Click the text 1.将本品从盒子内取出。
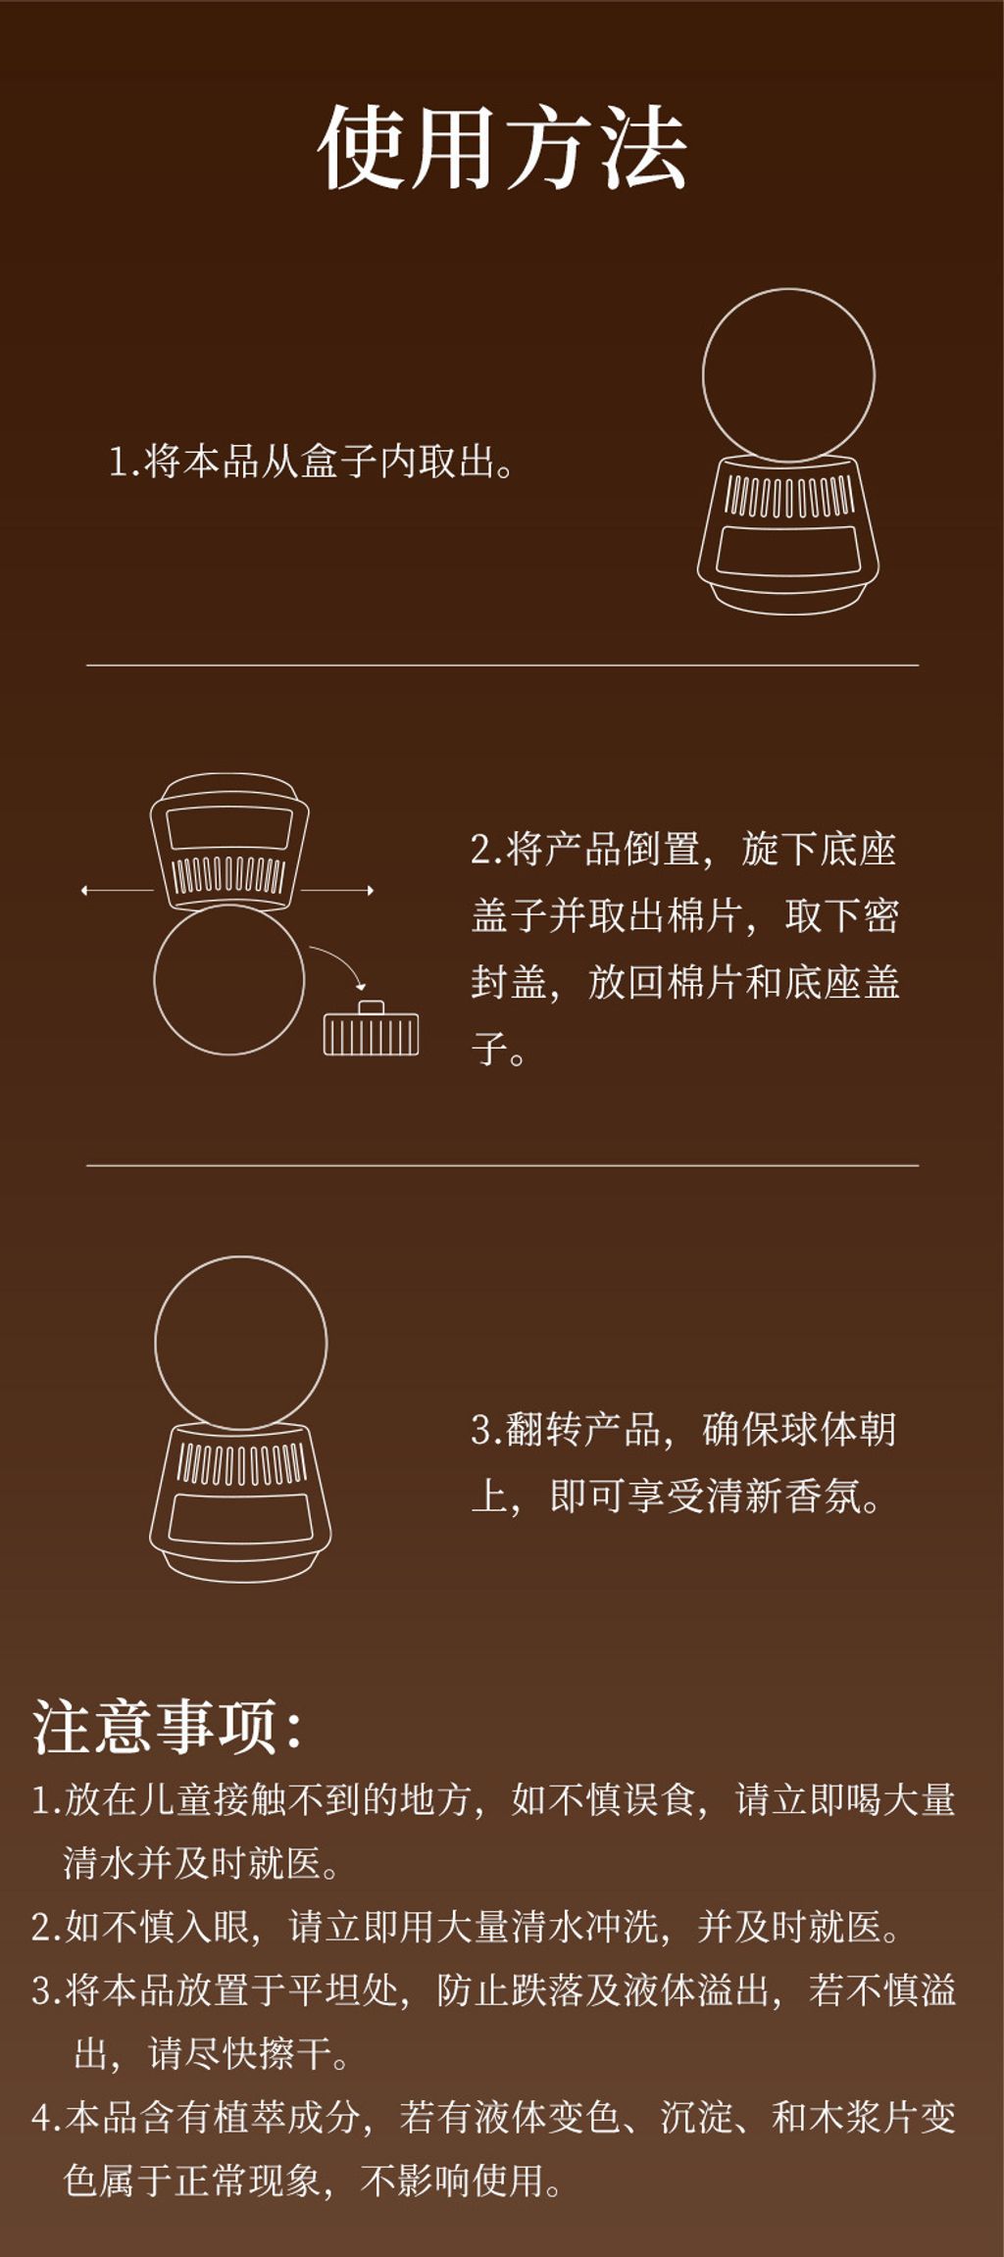click(311, 462)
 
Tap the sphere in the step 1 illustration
click(788, 374)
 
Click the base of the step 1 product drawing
click(788, 535)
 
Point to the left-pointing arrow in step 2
click(117, 890)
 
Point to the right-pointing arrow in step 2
click(337, 890)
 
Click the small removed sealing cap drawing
click(371, 1028)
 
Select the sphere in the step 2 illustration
click(229, 979)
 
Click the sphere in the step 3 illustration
click(241, 1343)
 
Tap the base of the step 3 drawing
click(241, 1503)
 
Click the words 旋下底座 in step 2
click(819, 849)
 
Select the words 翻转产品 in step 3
click(583, 1430)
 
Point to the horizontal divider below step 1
click(502, 665)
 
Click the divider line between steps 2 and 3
click(502, 1165)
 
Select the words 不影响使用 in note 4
click(452, 2181)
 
